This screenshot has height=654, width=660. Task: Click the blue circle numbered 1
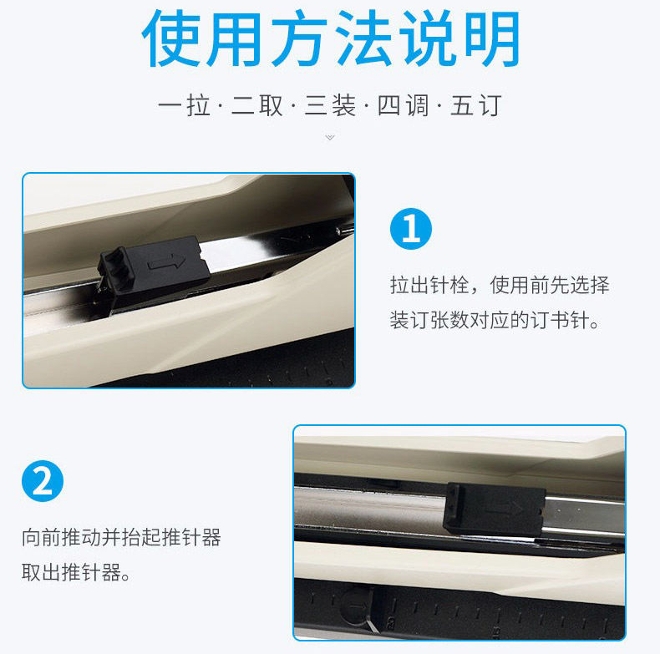(411, 229)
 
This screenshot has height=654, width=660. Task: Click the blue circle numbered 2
(43, 481)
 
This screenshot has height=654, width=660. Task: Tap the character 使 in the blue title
(171, 38)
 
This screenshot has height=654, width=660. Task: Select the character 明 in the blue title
(491, 38)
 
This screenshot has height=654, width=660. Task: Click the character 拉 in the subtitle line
(198, 105)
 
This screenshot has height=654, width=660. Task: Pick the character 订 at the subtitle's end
(490, 105)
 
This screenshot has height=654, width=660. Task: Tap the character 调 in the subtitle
(417, 105)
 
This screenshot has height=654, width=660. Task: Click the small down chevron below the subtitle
(330, 137)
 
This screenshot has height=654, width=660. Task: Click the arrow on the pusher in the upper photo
(167, 263)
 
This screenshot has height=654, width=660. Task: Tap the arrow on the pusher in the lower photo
(505, 508)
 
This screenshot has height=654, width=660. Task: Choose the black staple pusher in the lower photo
(495, 510)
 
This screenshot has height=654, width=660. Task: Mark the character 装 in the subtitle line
(344, 105)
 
